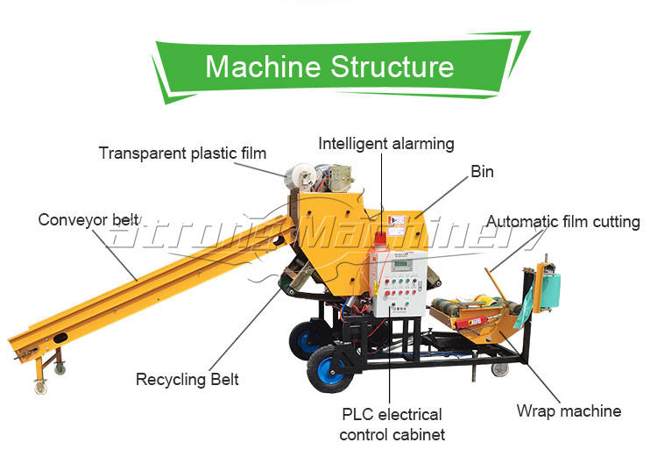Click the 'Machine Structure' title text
click(x=329, y=67)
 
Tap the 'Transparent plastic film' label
click(x=182, y=153)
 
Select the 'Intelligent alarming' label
click(x=386, y=143)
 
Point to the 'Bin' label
click(x=482, y=172)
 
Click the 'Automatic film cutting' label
click(x=563, y=222)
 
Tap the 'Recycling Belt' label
click(x=187, y=380)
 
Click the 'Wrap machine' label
click(x=569, y=410)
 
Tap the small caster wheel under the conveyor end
click(x=39, y=386)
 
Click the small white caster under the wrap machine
click(x=499, y=369)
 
